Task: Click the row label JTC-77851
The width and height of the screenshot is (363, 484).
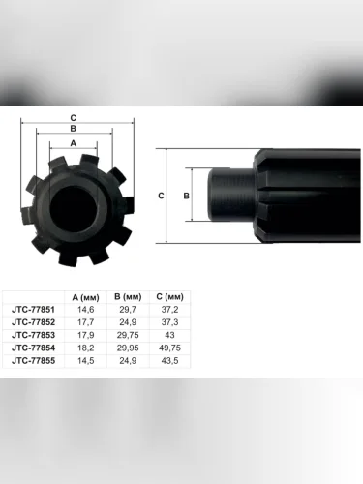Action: click(x=33, y=310)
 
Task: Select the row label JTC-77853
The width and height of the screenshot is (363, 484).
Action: click(x=33, y=335)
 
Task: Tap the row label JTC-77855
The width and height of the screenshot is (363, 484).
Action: click(x=33, y=360)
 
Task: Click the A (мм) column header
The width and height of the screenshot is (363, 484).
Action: click(x=85, y=297)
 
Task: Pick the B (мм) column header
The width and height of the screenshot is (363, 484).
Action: click(x=128, y=297)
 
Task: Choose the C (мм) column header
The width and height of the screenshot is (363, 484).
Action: click(x=169, y=297)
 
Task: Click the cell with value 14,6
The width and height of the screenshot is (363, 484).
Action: click(x=85, y=310)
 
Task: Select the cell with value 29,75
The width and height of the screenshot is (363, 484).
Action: click(x=128, y=335)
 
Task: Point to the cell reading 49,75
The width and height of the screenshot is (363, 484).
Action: click(x=169, y=348)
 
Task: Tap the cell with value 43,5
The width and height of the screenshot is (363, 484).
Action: click(x=169, y=360)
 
